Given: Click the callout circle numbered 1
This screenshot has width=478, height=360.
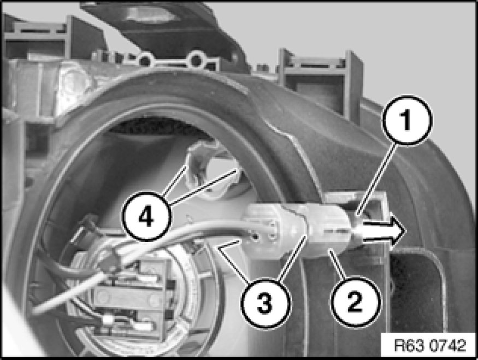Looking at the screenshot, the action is tap(408, 120).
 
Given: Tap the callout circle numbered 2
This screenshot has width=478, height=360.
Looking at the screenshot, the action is tap(355, 302).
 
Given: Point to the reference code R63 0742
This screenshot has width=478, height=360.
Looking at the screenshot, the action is tap(430, 345).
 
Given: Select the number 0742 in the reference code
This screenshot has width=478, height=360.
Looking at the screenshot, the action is tap(447, 345).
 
